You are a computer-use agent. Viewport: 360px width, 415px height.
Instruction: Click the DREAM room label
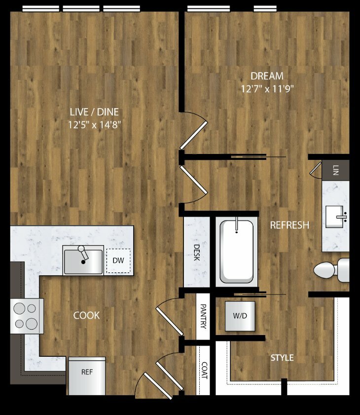[267, 76]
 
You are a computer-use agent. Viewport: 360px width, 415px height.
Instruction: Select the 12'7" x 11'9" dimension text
[267, 88]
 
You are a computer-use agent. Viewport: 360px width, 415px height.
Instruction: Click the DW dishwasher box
[118, 261]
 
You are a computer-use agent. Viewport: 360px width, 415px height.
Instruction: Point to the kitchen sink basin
[83, 262]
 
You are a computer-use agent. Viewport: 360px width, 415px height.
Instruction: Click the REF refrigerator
[87, 376]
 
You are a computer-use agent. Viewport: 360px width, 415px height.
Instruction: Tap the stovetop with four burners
[27, 316]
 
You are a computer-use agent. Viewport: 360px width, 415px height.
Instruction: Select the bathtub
[237, 252]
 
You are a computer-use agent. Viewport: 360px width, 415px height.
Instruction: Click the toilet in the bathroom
[332, 270]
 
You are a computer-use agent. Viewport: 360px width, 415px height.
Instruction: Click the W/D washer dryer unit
[240, 316]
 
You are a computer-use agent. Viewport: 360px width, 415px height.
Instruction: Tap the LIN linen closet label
[336, 170]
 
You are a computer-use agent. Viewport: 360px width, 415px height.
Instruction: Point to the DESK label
[197, 253]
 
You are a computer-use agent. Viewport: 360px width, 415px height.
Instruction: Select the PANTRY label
[203, 316]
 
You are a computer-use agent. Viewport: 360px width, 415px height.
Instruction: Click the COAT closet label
[205, 371]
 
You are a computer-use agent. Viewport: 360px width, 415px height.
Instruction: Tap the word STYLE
[282, 358]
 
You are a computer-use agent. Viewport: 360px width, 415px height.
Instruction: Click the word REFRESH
[289, 225]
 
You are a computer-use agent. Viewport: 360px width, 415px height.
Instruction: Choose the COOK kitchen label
[86, 315]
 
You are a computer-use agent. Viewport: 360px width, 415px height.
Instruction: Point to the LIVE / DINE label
[94, 112]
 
